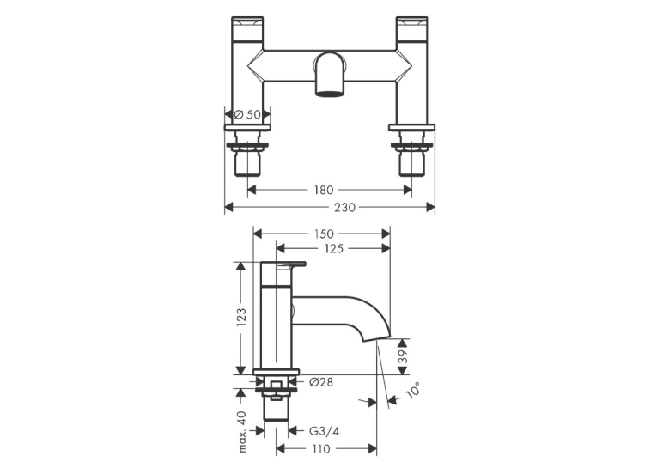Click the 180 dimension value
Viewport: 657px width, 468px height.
pos(324,191)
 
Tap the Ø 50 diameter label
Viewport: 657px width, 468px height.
pos(247,114)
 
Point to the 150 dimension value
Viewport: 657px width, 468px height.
pos(324,234)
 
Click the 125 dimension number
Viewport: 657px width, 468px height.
pos(334,249)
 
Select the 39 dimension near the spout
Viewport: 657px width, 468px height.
pos(402,356)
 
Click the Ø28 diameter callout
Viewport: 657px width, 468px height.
pos(321,382)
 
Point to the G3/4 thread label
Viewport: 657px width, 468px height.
pos(324,431)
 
